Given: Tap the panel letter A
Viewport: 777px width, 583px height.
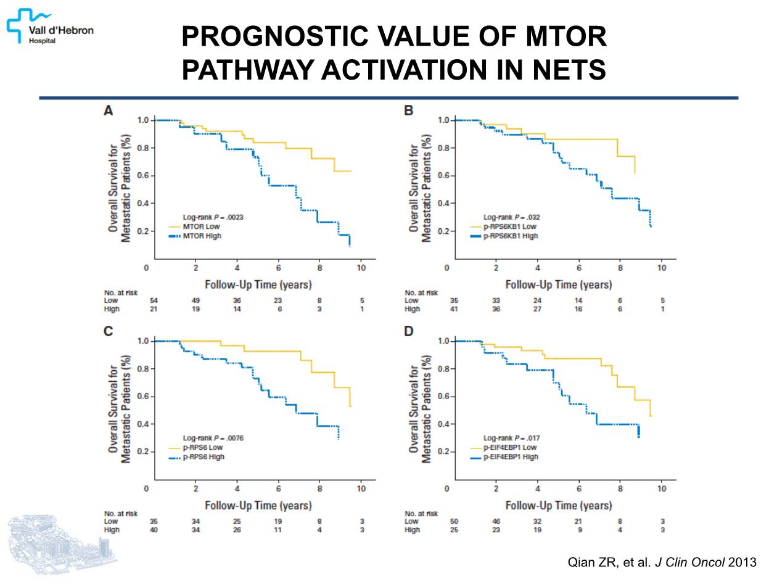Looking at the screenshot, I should click(108, 111).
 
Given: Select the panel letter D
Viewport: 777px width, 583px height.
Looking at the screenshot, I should click(408, 331).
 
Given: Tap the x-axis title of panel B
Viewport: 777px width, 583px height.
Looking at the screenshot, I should click(558, 284).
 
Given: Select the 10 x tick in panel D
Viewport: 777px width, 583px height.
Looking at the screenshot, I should click(662, 489).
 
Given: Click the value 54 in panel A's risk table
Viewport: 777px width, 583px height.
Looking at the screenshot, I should click(154, 300).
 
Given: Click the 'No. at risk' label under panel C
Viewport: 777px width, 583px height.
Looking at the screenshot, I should click(120, 513).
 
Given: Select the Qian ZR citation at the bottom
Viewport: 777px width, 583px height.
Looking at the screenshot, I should click(661, 562).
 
